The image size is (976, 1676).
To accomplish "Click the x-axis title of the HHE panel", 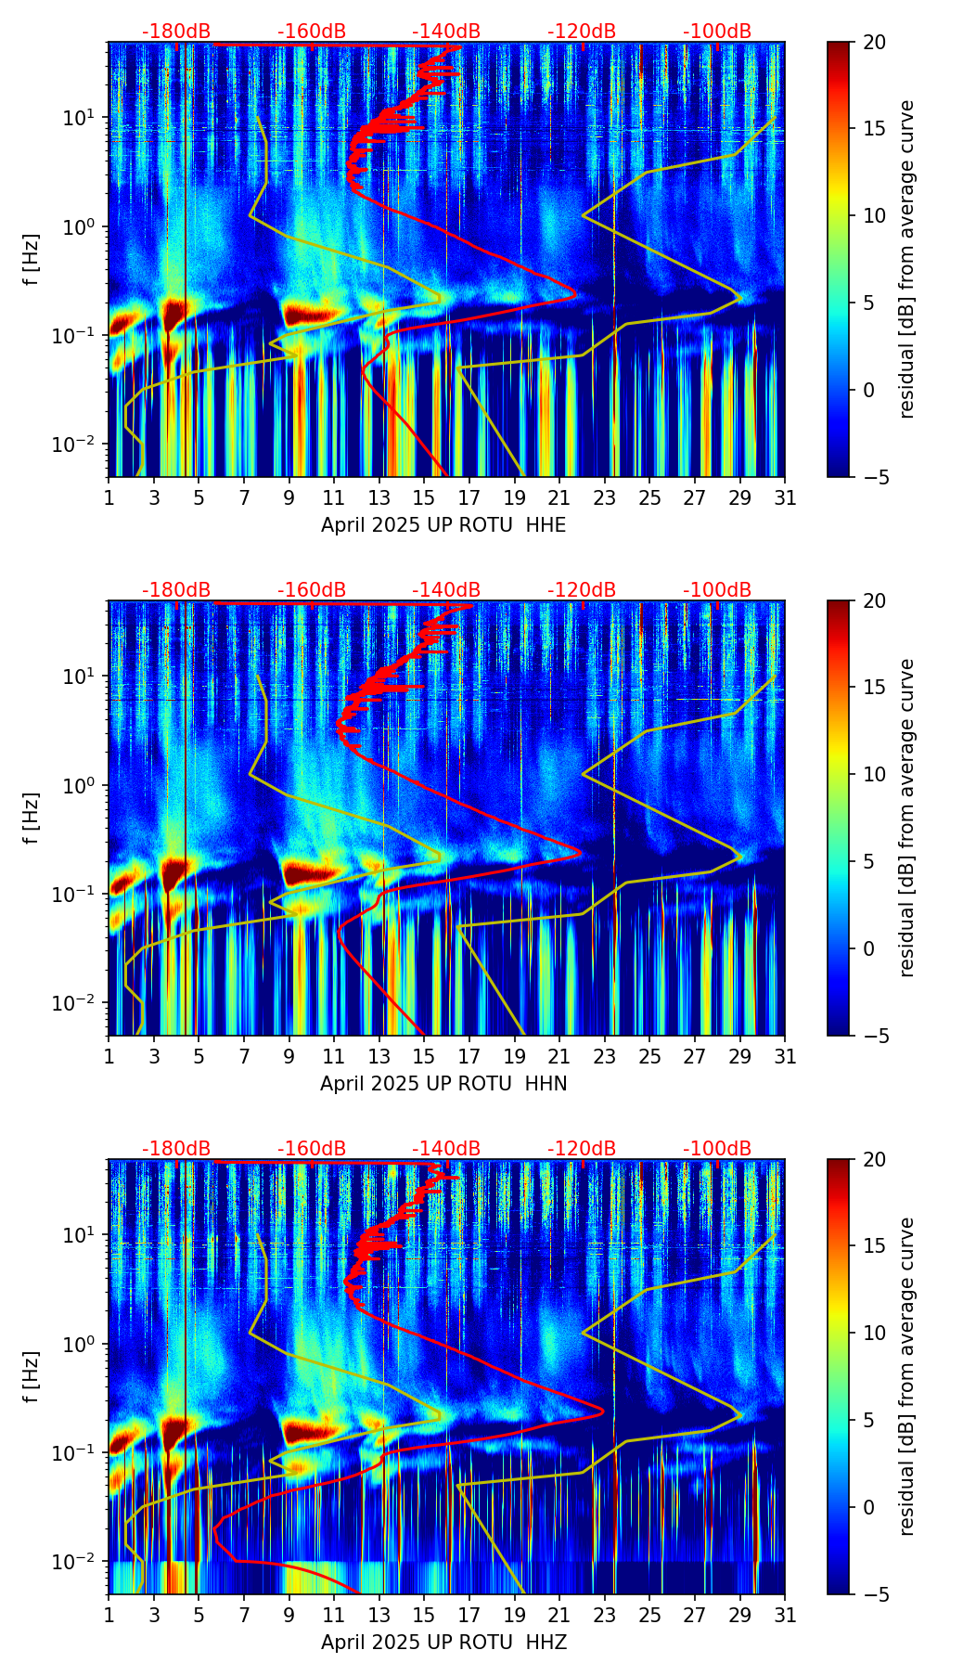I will pos(443,525).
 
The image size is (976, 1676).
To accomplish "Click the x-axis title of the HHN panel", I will pos(443,1084).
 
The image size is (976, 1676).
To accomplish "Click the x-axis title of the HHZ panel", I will pos(443,1643).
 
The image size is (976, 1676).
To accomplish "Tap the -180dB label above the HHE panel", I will pos(176,32).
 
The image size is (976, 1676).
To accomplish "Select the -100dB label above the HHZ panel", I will pos(717,1149).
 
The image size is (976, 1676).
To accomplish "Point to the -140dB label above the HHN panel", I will pos(446,590).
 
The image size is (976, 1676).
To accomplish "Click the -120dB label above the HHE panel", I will pos(582,32).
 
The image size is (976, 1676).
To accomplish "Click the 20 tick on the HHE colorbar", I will pos(874,43).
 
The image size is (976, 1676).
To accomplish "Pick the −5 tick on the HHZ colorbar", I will pos(874,1594).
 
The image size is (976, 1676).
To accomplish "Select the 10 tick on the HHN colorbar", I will pos(874,774).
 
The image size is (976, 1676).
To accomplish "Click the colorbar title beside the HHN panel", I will pos(907,818).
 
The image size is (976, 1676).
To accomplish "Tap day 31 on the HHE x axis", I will pos(785,497).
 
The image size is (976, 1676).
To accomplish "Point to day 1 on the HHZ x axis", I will pos(109,1615).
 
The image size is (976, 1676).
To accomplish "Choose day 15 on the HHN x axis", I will pos(424,1056).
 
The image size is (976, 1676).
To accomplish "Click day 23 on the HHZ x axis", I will pos(605,1615).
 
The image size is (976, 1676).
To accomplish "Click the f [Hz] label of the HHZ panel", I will pos(32,1376).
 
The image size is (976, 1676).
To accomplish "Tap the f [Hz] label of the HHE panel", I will pos(32,259).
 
